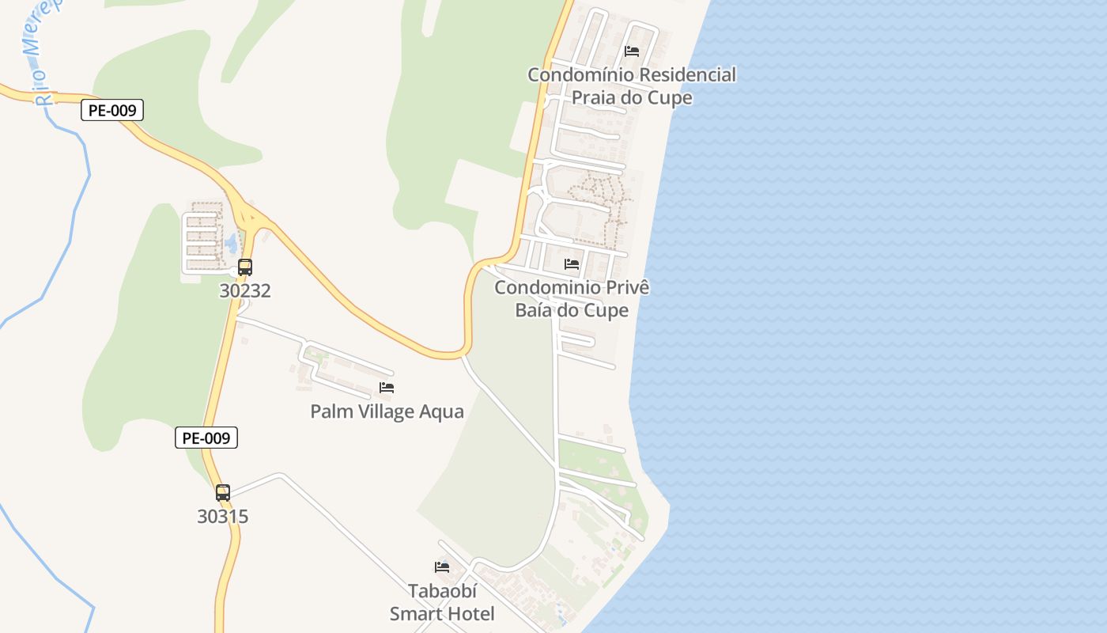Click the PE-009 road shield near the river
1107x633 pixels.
(111, 111)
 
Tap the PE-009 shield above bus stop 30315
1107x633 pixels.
(206, 438)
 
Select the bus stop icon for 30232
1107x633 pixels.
(245, 267)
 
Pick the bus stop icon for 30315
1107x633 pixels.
(223, 493)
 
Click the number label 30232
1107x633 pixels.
(245, 290)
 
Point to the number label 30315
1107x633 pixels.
(223, 517)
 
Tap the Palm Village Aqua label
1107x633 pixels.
(387, 411)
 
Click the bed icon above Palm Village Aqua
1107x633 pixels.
(387, 388)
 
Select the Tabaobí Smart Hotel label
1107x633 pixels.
(442, 602)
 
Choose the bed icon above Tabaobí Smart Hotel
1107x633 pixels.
(442, 567)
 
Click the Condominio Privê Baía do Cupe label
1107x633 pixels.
(572, 298)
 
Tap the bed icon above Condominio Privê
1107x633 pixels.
(572, 263)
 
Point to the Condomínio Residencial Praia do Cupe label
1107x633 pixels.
(632, 86)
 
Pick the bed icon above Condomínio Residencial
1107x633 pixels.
(632, 51)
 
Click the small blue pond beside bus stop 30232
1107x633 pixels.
(230, 243)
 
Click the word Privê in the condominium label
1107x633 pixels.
(625, 287)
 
